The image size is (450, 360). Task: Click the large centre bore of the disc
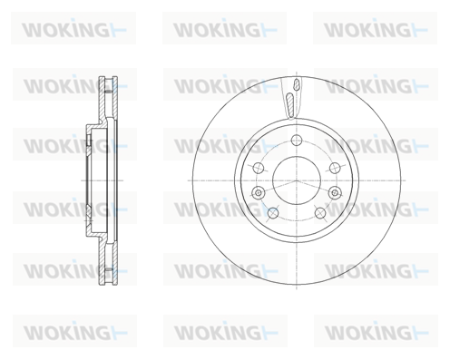pyautogui.click(x=297, y=180)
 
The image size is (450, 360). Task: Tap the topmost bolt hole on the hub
pyautogui.click(x=297, y=140)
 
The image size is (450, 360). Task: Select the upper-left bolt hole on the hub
pyautogui.click(x=258, y=168)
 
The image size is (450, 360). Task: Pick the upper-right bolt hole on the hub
pyautogui.click(x=335, y=168)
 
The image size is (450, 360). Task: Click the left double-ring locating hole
pyautogui.click(x=258, y=192)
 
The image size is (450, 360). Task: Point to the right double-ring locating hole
pyautogui.click(x=335, y=192)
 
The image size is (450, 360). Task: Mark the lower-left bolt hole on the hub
pyautogui.click(x=273, y=213)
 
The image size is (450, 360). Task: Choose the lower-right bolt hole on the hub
pyautogui.click(x=320, y=213)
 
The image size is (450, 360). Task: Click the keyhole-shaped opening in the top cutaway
pyautogui.click(x=297, y=84)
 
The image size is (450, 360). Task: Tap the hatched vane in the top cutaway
pyautogui.click(x=289, y=105)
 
